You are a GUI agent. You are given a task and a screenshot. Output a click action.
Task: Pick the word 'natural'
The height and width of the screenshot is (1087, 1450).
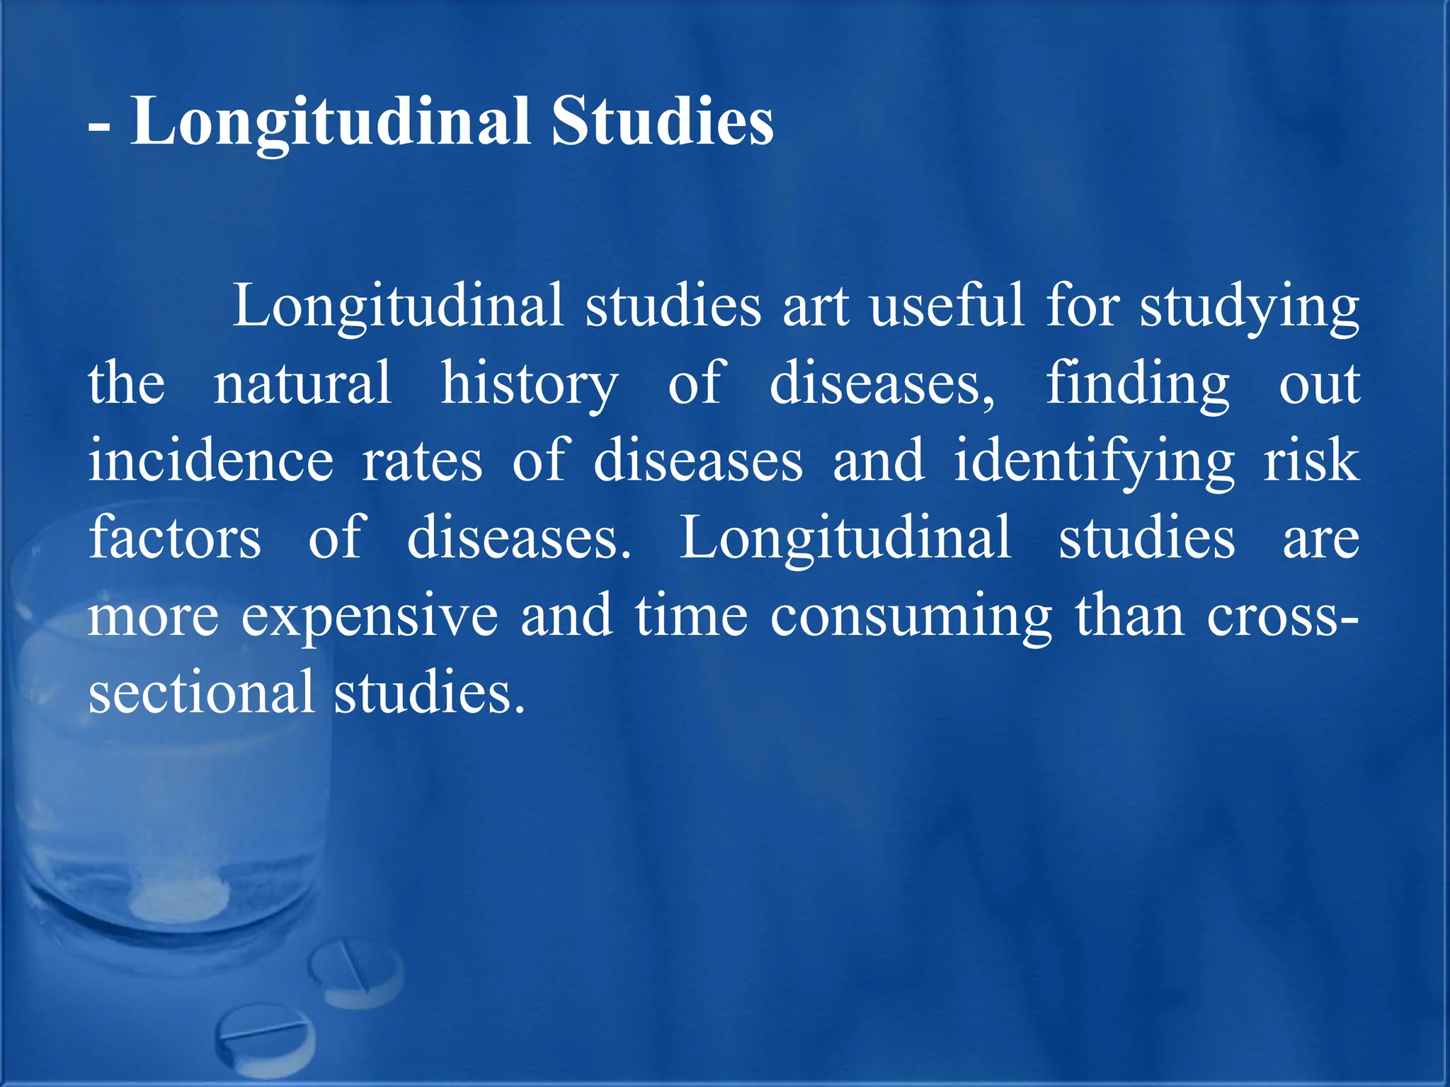[302, 383]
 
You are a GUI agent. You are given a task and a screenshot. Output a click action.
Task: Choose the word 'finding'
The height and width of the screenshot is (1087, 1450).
[1138, 384]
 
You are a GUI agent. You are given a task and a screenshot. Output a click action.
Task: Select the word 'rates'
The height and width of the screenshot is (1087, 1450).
[422, 461]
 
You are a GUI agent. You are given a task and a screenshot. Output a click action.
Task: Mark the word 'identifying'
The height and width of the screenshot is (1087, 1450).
[1094, 462]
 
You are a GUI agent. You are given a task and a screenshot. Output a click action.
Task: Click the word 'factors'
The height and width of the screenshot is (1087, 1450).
[175, 538]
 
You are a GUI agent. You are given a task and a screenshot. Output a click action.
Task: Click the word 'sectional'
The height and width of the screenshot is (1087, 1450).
[201, 692]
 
